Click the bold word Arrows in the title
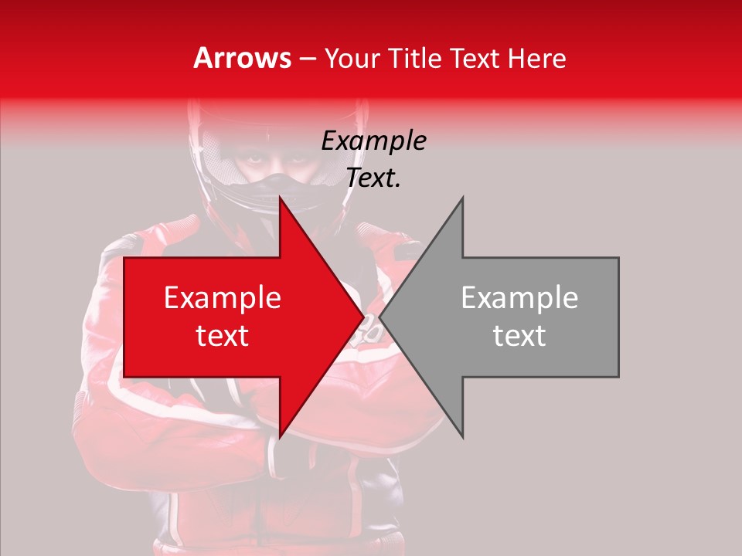click(243, 58)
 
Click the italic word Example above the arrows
click(373, 141)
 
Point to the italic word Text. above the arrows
click(373, 178)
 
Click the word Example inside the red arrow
click(223, 298)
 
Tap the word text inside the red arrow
click(223, 336)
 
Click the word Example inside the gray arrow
click(519, 298)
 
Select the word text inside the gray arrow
click(519, 336)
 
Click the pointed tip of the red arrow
click(363, 317)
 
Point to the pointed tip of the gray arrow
click(380, 317)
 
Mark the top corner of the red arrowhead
click(281, 198)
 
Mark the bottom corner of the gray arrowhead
click(462, 437)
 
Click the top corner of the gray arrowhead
click(462, 198)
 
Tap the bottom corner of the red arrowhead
click(281, 437)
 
